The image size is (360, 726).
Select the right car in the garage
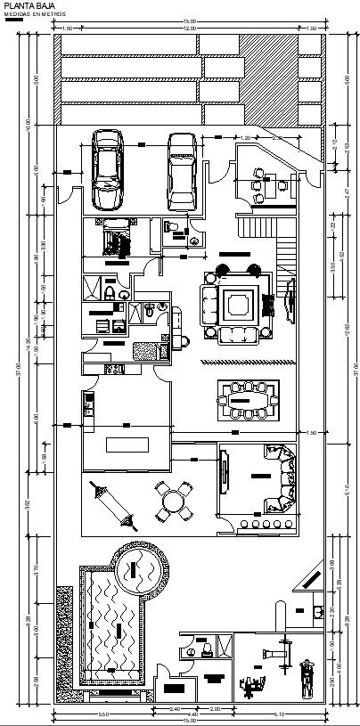pyautogui.click(x=182, y=168)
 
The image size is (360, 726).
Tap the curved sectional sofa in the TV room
pyautogui.click(x=280, y=485)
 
